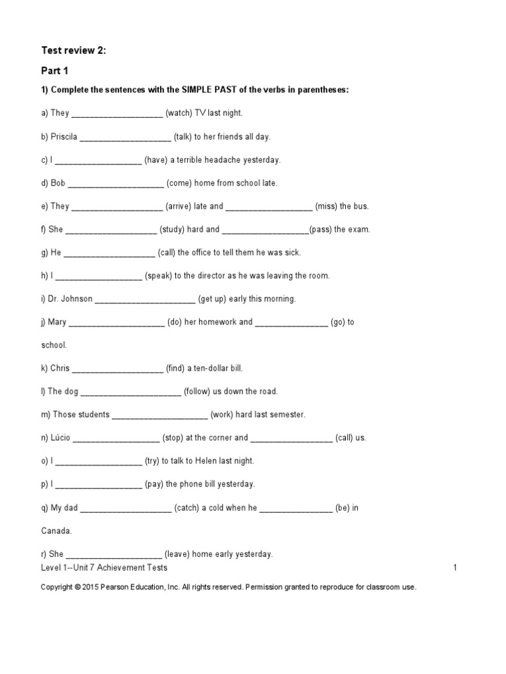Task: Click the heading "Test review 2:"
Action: (x=73, y=49)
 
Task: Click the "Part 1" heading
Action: (x=55, y=70)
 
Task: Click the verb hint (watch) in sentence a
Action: (x=179, y=113)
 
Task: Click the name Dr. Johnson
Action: (x=70, y=299)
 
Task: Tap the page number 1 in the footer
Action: (x=455, y=567)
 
